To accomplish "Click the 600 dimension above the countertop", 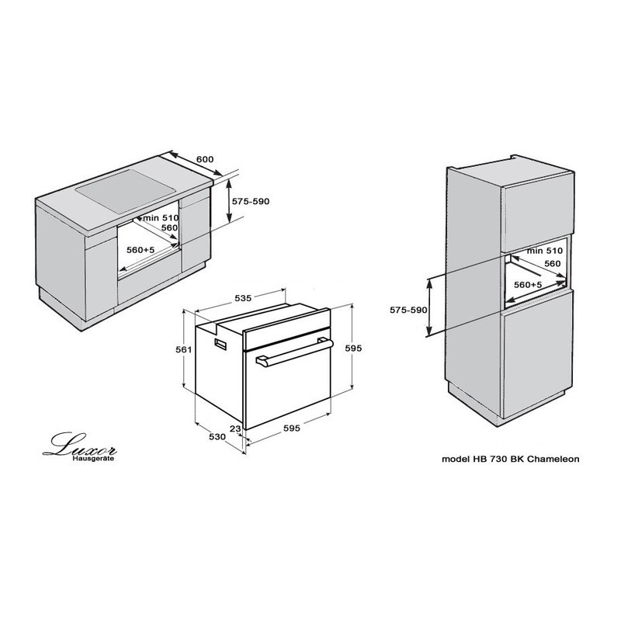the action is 205,159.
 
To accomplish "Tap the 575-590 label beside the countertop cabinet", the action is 251,201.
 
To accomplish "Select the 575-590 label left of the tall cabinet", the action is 408,310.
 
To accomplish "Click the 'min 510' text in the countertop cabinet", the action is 161,218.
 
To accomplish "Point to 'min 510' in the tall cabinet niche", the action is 545,251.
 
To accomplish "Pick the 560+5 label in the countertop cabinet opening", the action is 141,250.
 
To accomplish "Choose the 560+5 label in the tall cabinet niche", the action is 528,284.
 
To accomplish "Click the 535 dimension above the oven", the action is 243,298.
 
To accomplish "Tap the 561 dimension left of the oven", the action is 184,350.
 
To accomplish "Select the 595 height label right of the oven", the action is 353,348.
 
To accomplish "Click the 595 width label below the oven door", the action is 292,428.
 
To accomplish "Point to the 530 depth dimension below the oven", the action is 217,437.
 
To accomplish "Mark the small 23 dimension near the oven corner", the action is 235,428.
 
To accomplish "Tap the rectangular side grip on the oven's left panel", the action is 220,344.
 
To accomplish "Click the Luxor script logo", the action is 80,444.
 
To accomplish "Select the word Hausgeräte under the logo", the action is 93,459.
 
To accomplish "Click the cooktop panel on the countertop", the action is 126,190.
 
